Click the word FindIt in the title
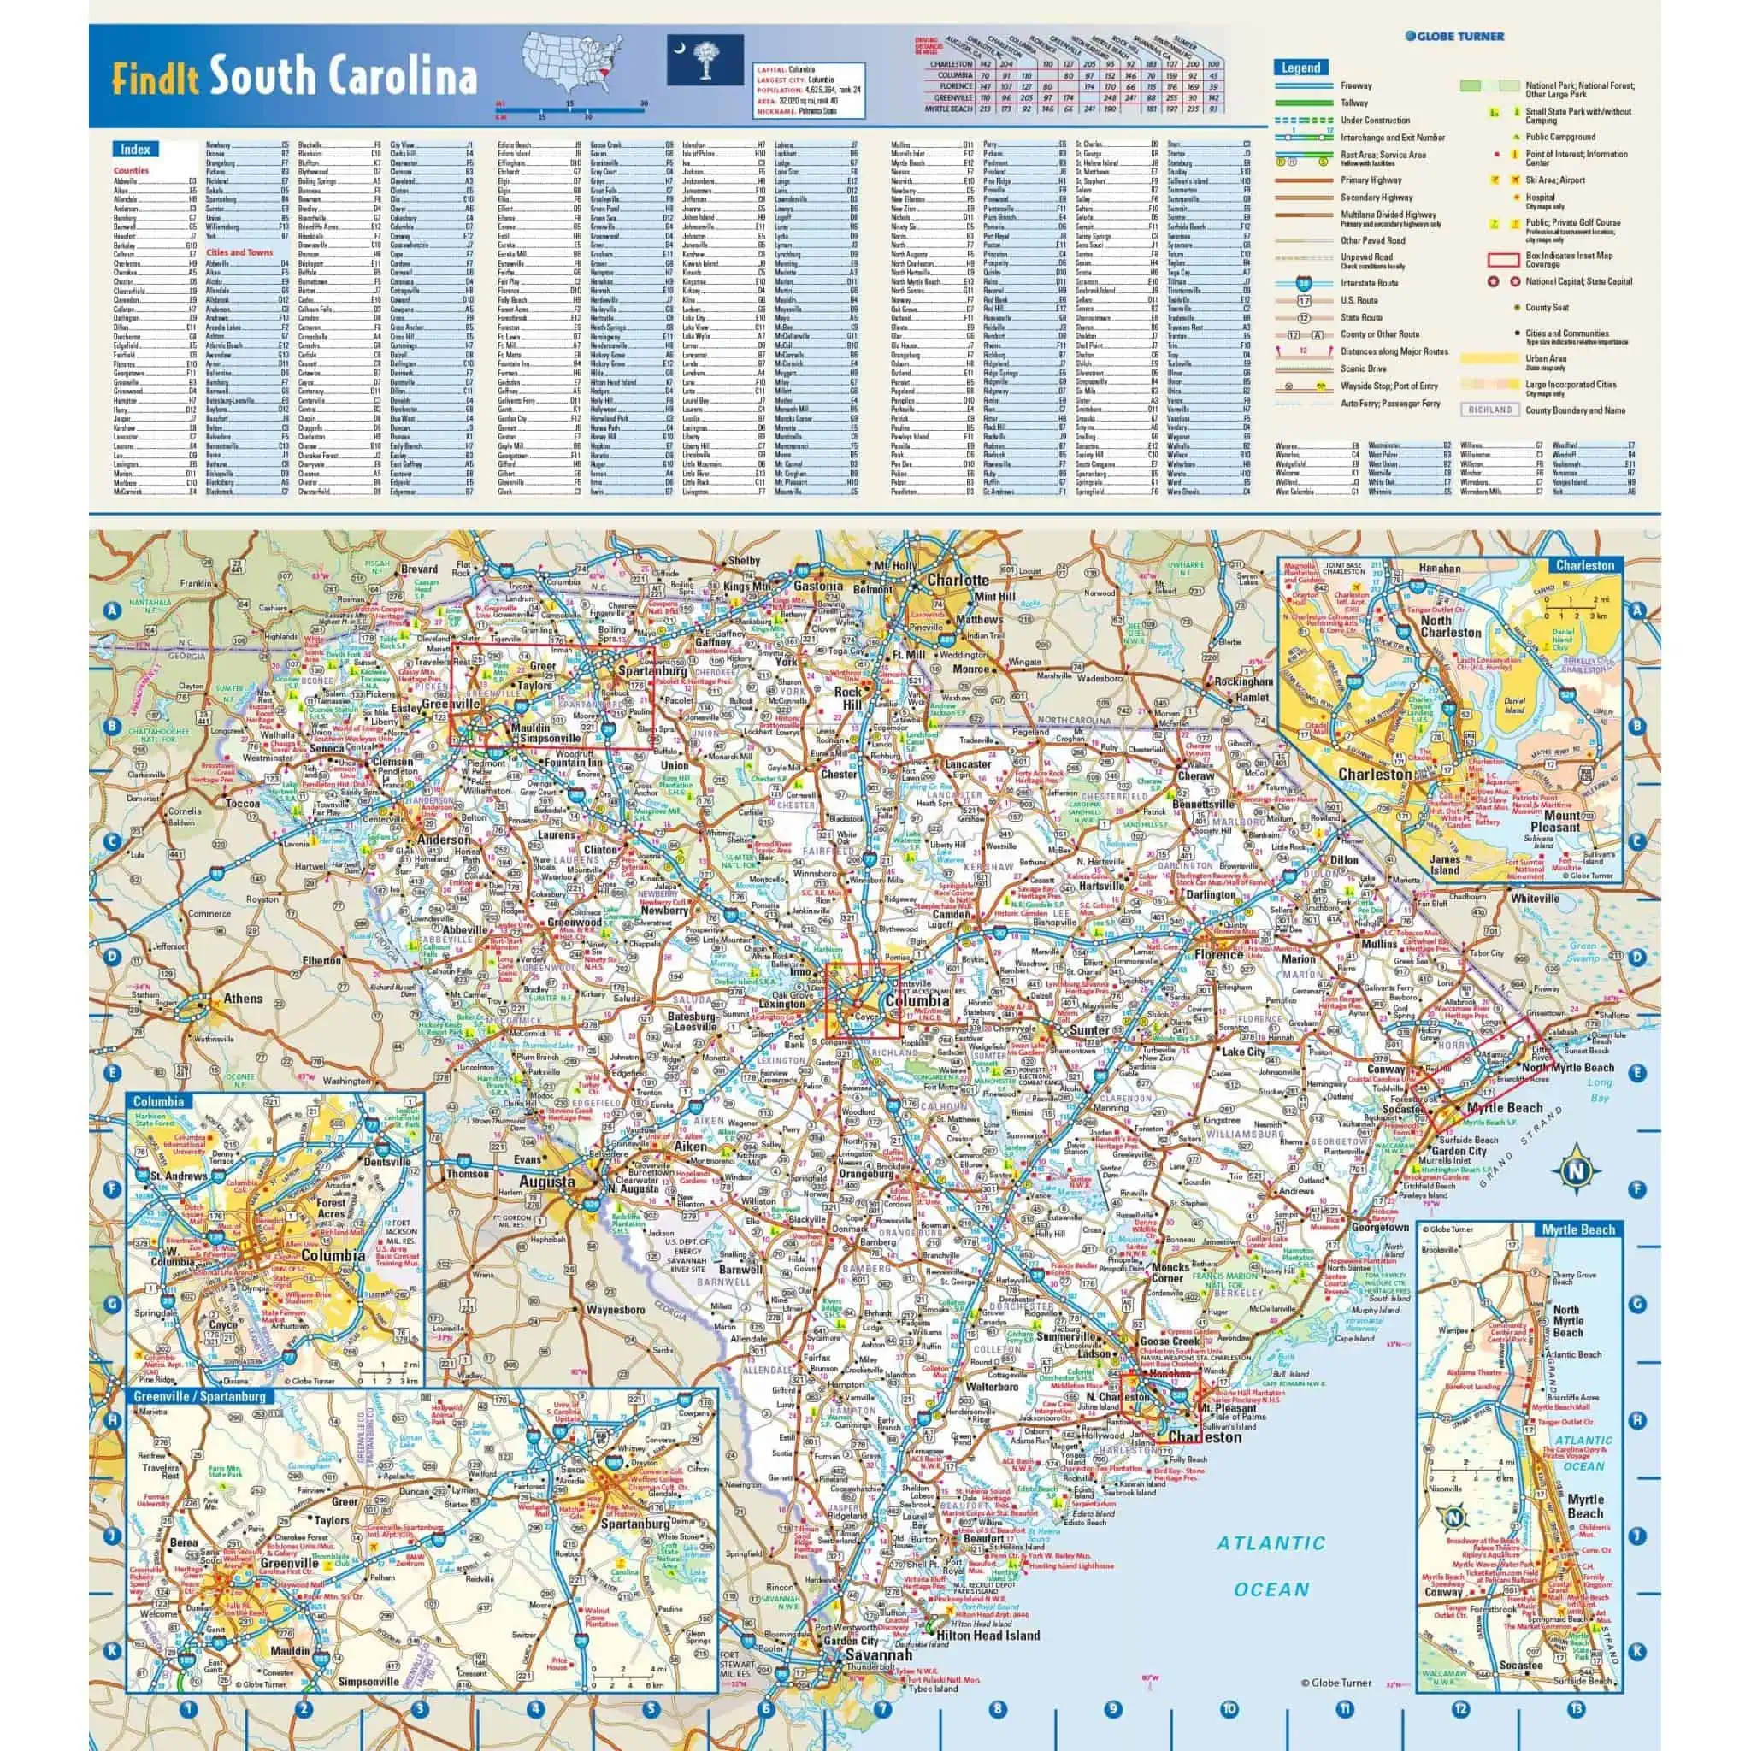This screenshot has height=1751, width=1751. [x=156, y=78]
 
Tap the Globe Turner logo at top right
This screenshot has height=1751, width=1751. [x=1454, y=36]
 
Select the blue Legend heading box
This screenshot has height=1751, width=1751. [x=1300, y=68]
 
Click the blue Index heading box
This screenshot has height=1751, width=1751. [x=135, y=149]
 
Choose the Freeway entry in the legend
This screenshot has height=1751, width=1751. [x=1356, y=86]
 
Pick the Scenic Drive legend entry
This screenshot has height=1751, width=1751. [x=1363, y=368]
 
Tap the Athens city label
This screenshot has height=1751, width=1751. [x=243, y=999]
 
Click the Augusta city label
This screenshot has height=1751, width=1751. [x=546, y=1182]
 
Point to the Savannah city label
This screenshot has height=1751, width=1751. [x=878, y=1655]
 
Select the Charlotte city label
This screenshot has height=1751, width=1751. [x=957, y=580]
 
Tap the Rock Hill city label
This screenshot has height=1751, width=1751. [x=848, y=699]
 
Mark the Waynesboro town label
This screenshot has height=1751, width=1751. [x=616, y=1310]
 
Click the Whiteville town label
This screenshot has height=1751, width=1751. [x=1535, y=899]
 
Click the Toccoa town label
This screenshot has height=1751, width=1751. [x=243, y=803]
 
